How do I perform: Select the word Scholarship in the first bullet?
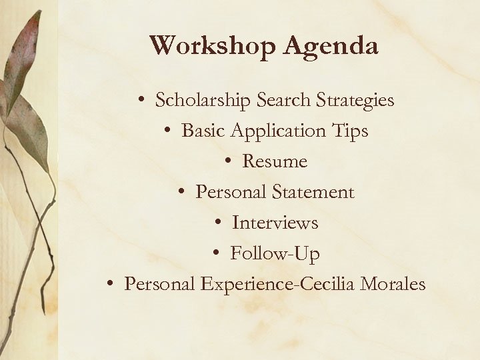203,101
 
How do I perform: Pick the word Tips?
349,131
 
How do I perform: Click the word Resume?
275,162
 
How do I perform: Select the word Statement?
313,193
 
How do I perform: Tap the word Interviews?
275,223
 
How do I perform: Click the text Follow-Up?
275,254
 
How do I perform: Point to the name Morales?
393,285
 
